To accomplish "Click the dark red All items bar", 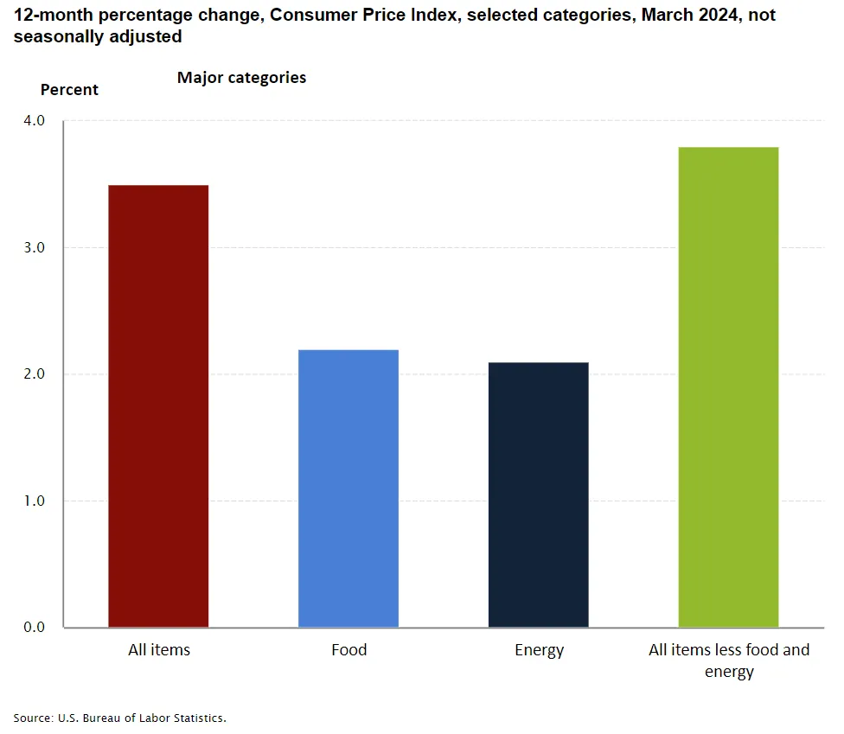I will point(158,405).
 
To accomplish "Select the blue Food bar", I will point(348,488).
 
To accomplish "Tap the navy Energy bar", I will point(539,494).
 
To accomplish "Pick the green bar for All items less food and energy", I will point(728,386).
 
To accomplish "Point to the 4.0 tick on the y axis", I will point(34,121).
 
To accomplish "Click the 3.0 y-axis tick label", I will point(34,247).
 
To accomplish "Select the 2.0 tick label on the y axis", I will point(34,374).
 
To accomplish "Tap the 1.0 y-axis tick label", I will point(34,501).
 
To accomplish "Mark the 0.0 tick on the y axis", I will point(34,627).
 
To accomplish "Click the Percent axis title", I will point(69,90).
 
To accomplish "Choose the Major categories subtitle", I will point(241,78).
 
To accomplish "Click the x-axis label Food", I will point(348,650).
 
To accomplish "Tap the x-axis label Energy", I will point(539,650).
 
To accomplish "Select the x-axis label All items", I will point(159,650).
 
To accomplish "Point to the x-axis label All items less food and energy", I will point(729,661).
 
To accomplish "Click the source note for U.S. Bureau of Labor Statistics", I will point(119,718).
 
